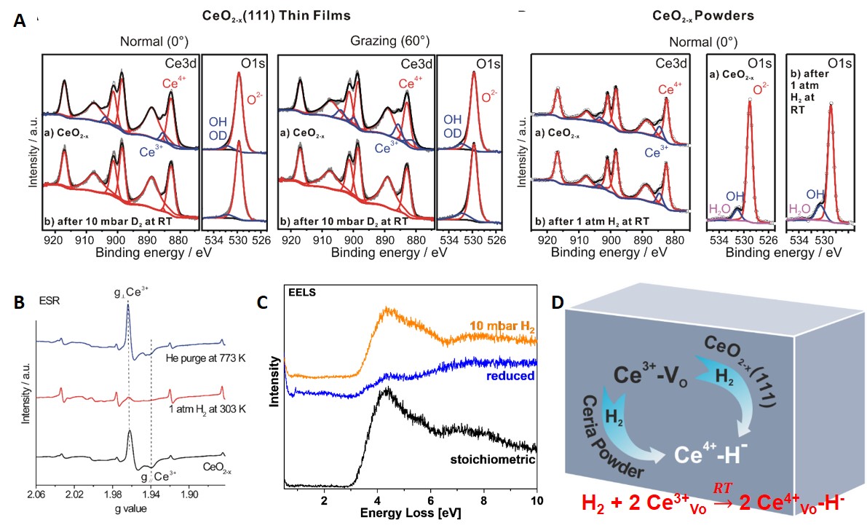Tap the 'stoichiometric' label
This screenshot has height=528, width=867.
492,460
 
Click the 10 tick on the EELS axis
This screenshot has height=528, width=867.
536,502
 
